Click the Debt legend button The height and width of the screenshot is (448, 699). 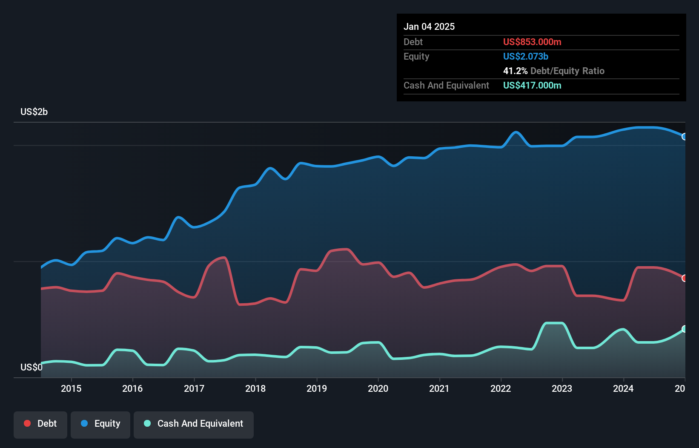[40, 424]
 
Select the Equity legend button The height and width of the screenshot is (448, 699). [100, 424]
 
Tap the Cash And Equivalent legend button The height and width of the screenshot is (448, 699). [193, 424]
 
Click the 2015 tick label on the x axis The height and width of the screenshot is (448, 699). [71, 388]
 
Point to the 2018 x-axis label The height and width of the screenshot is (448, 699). [255, 388]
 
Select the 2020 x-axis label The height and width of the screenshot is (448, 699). [378, 388]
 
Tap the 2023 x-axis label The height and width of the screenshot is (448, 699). [562, 388]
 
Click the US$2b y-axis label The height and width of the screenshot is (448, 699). [34, 112]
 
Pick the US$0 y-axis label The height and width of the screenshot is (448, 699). [31, 367]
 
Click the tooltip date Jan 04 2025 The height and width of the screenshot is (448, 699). [429, 26]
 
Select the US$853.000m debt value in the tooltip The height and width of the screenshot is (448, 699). [532, 42]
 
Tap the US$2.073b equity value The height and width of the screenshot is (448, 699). [525, 56]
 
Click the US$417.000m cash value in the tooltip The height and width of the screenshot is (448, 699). [532, 85]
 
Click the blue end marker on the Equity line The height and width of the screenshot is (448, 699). [684, 137]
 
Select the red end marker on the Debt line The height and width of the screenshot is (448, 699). [684, 278]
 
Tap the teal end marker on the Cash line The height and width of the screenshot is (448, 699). [684, 329]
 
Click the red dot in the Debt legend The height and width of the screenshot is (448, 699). [27, 423]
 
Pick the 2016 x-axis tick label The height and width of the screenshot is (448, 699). [132, 388]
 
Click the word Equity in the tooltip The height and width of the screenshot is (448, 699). [416, 56]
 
